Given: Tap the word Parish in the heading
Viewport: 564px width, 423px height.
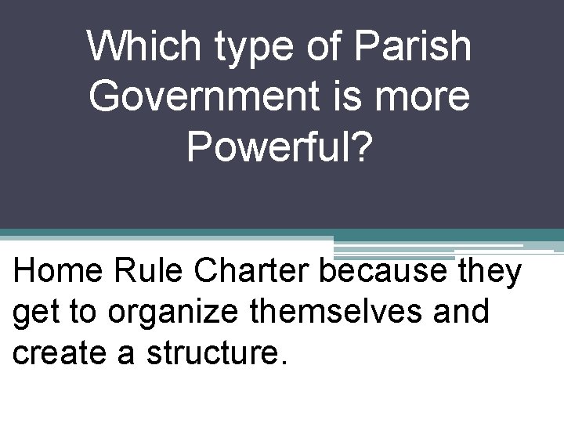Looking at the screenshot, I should coord(413,47).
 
